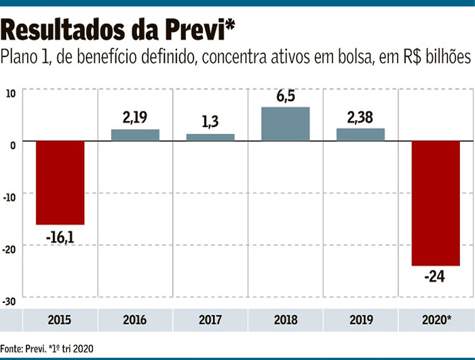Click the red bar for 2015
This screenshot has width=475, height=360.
pos(60,182)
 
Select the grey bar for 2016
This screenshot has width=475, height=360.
pos(135,134)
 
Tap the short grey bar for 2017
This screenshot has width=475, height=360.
pos(210,137)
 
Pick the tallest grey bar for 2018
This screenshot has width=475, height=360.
pos(286,124)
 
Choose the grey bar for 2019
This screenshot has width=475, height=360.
pos(360,134)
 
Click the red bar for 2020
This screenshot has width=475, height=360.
pos(436,203)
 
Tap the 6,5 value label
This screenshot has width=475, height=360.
pos(286,96)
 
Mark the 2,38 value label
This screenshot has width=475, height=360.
pos(360,117)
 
